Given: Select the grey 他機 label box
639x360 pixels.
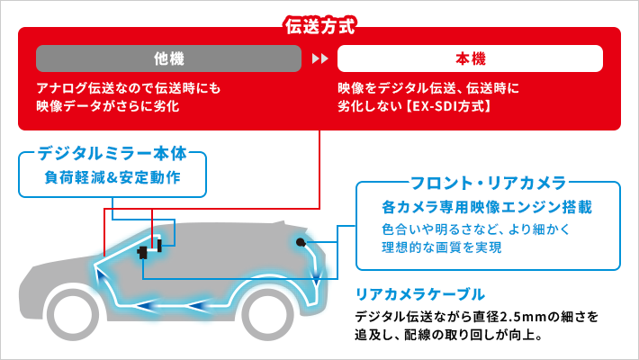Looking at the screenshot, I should click(x=168, y=59).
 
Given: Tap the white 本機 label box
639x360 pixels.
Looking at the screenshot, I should click(x=469, y=59).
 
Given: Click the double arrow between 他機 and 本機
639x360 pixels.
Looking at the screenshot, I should click(x=319, y=59).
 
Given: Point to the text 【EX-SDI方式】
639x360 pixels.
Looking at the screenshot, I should click(x=447, y=106).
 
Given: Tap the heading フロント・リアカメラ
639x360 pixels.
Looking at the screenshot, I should click(x=488, y=184).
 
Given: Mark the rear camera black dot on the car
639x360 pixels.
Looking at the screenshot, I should click(x=300, y=242).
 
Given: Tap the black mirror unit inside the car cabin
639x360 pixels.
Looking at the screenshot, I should click(x=143, y=254).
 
